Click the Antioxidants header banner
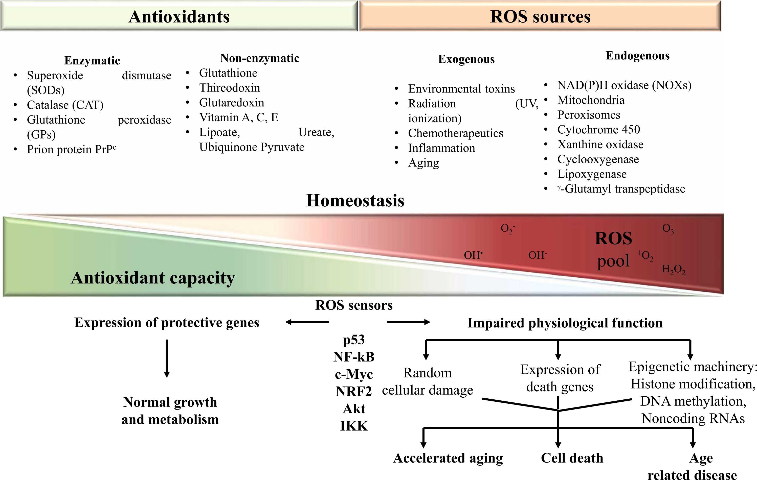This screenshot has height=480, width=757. (x=179, y=16)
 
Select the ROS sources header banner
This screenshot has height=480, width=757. (x=540, y=16)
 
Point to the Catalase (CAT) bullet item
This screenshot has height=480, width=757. (x=65, y=105)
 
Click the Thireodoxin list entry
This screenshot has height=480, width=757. (x=230, y=88)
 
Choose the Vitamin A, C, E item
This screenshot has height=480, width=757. (x=239, y=117)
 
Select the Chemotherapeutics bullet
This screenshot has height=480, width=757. (x=456, y=133)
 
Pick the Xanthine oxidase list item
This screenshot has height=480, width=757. (x=600, y=144)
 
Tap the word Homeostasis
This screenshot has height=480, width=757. (x=355, y=200)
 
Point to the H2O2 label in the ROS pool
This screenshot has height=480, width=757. (x=673, y=270)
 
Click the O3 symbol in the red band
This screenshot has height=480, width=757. (x=668, y=229)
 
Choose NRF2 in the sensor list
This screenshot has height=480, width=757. (x=354, y=391)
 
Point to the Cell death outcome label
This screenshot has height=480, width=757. (x=572, y=458)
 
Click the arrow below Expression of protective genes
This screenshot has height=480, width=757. (x=167, y=358)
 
